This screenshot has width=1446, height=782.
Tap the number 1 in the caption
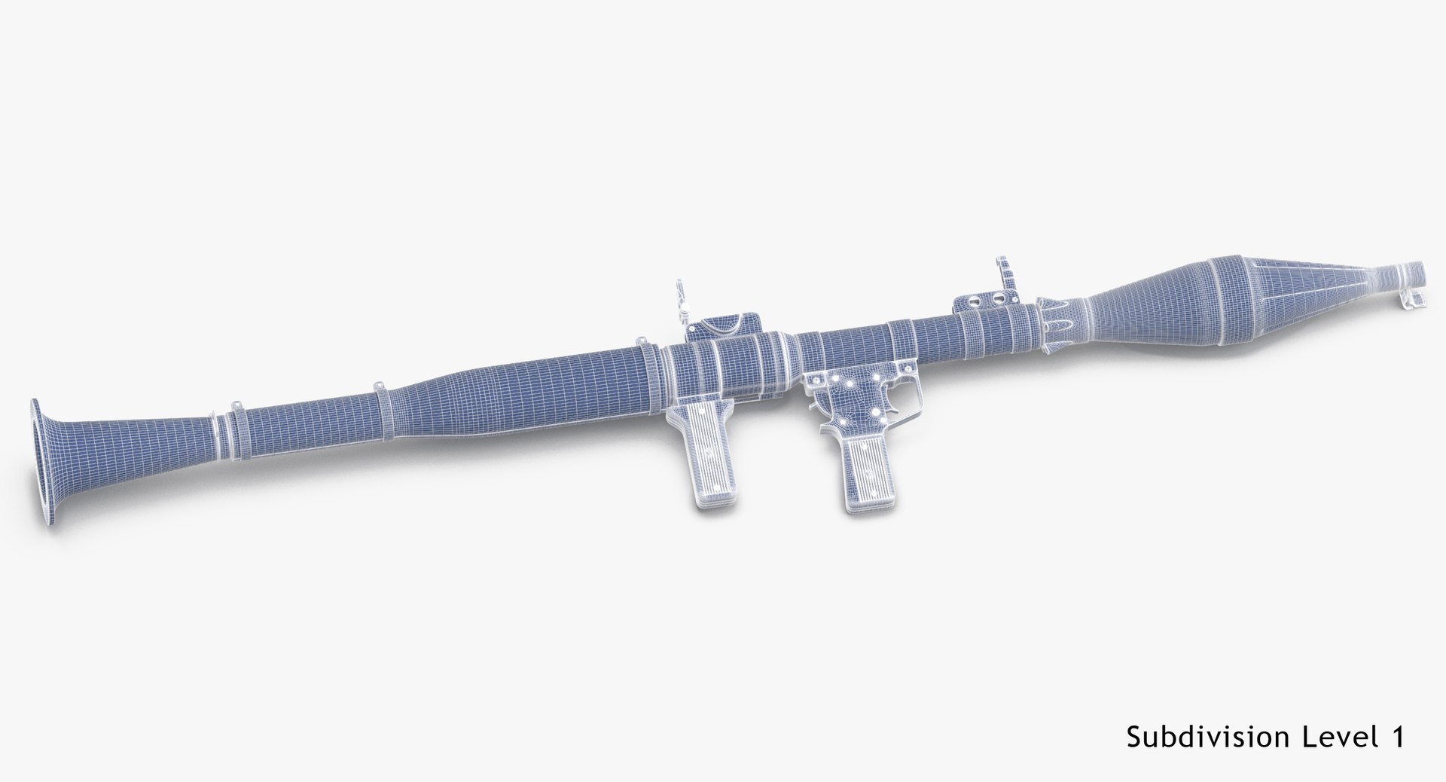click(1396, 737)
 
